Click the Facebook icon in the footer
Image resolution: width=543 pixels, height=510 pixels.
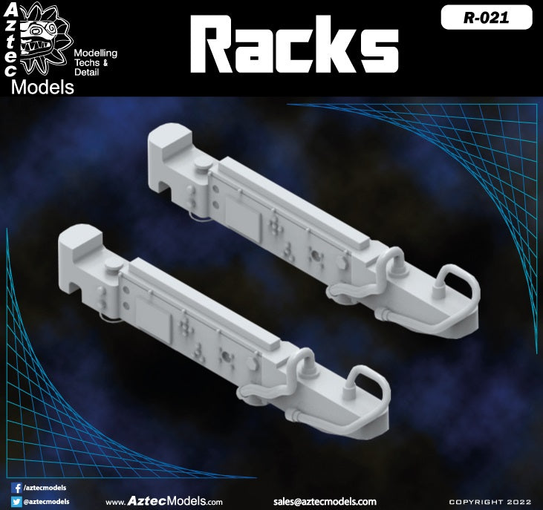coord(17,488)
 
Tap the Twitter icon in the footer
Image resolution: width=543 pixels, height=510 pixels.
coord(17,501)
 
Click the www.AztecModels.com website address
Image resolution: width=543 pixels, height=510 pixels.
coord(163,501)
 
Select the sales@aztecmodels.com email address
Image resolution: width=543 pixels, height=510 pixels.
coord(324,501)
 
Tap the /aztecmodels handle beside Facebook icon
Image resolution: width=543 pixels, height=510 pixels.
coord(45,488)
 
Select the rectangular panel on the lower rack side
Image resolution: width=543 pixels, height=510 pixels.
coord(155,320)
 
